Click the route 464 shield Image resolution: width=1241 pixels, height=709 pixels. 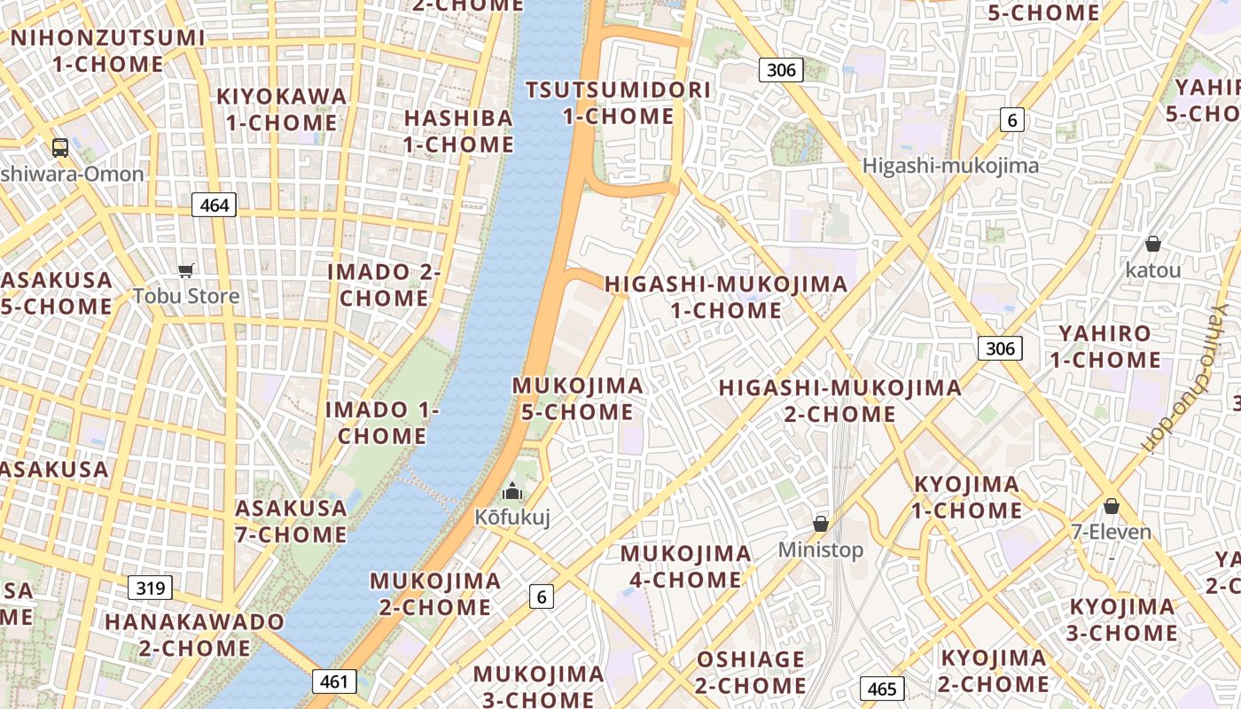click(215, 206)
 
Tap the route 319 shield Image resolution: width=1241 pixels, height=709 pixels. click(150, 587)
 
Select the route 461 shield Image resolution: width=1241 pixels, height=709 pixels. click(334, 682)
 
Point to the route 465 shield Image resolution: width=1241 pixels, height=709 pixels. click(882, 689)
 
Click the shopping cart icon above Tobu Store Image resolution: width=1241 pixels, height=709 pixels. click(186, 270)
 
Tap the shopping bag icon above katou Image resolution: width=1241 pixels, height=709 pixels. click(1153, 243)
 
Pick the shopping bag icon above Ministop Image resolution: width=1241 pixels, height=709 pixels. click(821, 523)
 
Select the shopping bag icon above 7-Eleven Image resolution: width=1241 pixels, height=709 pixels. click(1112, 506)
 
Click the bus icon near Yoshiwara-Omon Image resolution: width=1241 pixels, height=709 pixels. click(60, 148)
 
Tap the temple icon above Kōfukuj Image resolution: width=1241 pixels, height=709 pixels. click(512, 490)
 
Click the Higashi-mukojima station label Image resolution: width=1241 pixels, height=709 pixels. click(950, 166)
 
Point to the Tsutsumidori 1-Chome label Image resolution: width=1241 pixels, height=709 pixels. click(618, 103)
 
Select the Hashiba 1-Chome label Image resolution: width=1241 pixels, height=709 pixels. click(458, 131)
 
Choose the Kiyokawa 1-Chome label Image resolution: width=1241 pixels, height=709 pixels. click(281, 109)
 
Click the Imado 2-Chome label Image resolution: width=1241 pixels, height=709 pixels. click(383, 284)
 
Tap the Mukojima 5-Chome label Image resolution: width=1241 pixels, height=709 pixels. click(577, 399)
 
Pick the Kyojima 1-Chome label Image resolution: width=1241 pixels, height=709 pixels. click(967, 497)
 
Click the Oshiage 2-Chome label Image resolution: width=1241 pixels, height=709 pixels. click(750, 673)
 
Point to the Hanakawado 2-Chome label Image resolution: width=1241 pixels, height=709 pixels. click(194, 635)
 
